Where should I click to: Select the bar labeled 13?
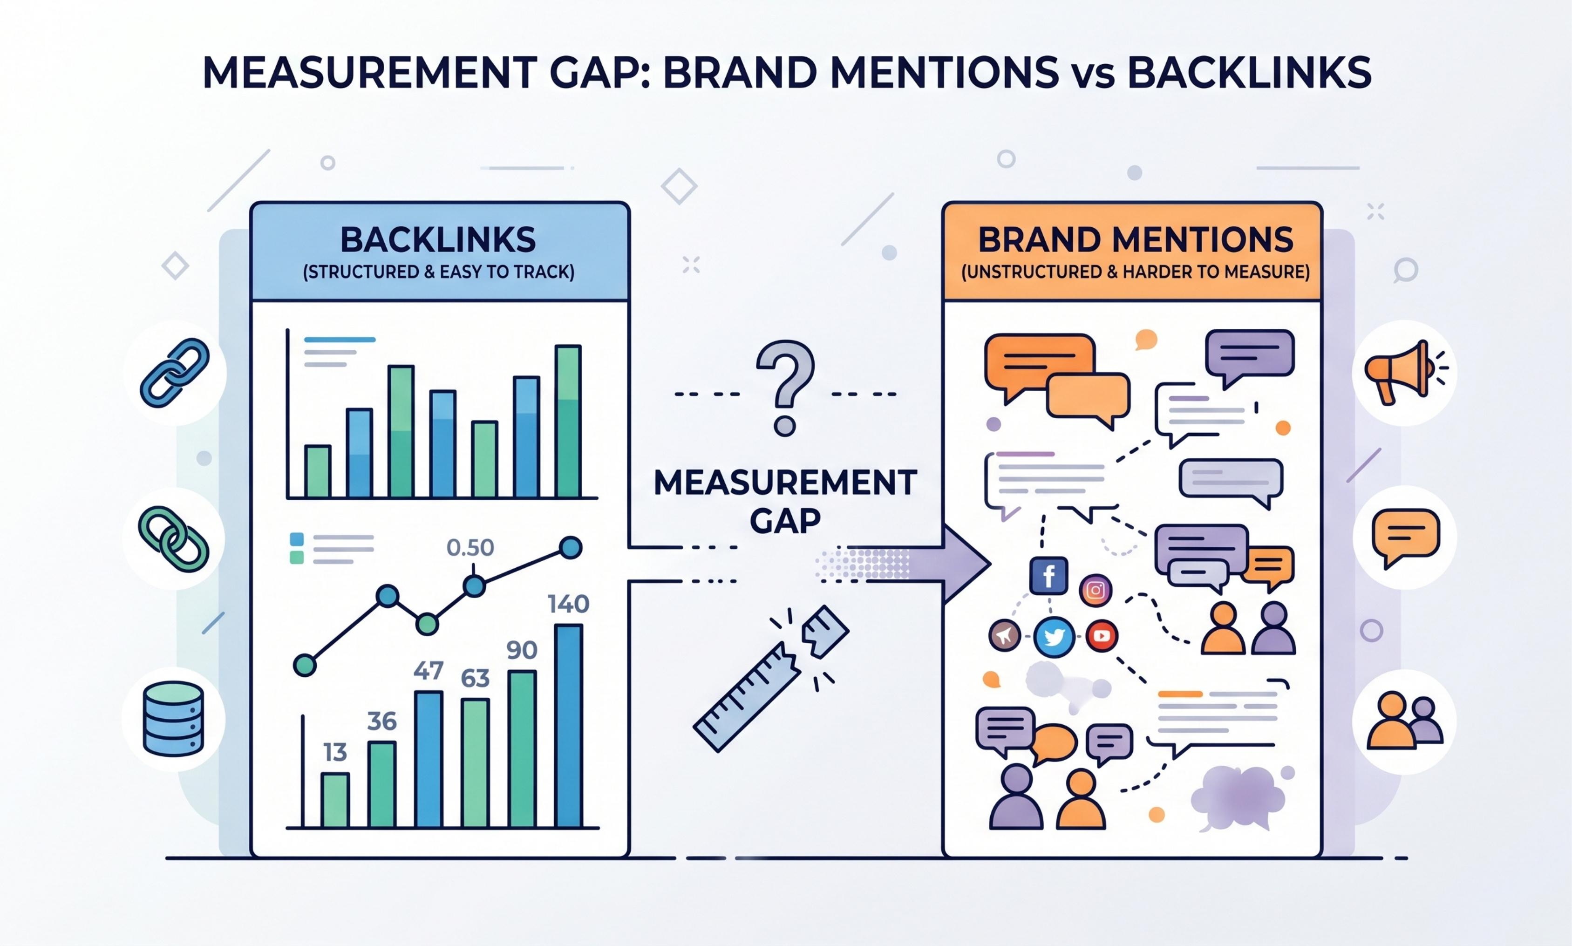(x=335, y=800)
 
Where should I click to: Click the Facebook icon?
(x=1048, y=576)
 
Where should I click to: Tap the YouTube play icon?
(x=1102, y=635)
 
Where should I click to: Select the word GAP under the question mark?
(x=785, y=521)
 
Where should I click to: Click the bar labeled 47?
(x=429, y=759)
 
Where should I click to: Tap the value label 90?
(x=522, y=650)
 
